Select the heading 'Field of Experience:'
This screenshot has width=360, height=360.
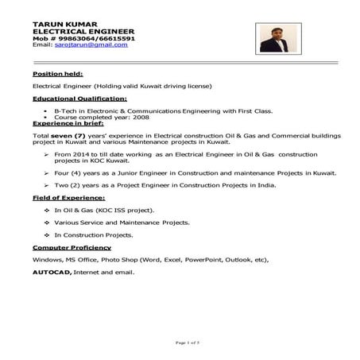pos(68,196)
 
